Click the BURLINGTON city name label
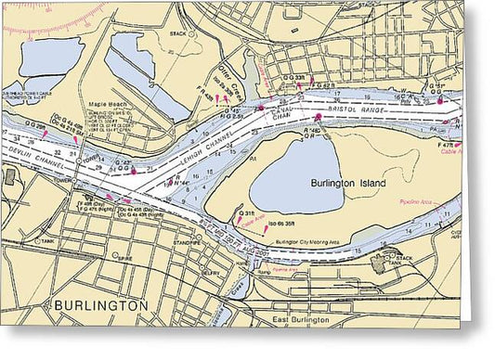100,305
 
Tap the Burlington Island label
351,184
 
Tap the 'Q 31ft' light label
247,212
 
